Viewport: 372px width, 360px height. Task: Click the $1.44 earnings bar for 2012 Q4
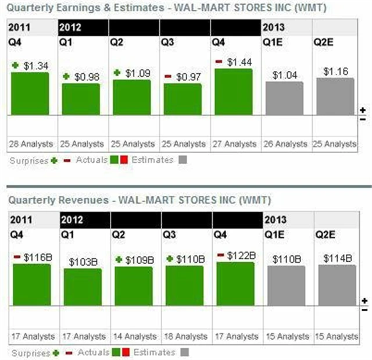pyautogui.click(x=234, y=92)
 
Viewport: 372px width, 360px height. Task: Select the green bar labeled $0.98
pyautogui.click(x=81, y=99)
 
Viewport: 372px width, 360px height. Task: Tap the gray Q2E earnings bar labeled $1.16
pyautogui.click(x=335, y=97)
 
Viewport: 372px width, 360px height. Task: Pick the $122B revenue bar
pyautogui.click(x=235, y=282)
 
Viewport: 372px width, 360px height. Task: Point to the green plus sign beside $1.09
pyautogui.click(x=117, y=73)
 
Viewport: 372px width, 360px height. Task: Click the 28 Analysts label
pyautogui.click(x=31, y=144)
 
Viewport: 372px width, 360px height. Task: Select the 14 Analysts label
pyautogui.click(x=134, y=336)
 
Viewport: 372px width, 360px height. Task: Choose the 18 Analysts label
pyautogui.click(x=184, y=336)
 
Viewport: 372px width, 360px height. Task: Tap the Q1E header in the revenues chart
pyautogui.click(x=275, y=236)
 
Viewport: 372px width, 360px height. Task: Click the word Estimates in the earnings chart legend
pyautogui.click(x=152, y=160)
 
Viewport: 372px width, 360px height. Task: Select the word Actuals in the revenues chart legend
pyautogui.click(x=94, y=352)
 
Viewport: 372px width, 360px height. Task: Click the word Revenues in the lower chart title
pyautogui.click(x=87, y=199)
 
